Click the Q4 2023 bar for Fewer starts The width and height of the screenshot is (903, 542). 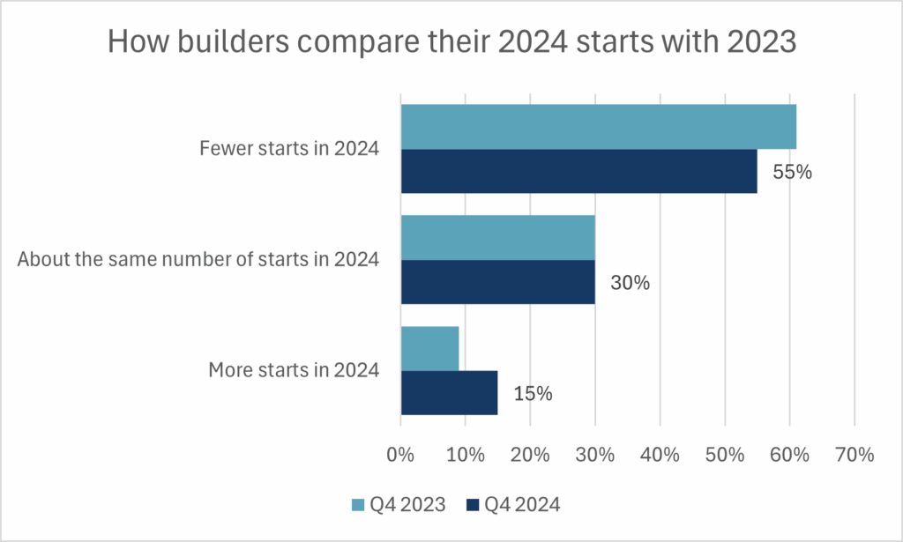[598, 127]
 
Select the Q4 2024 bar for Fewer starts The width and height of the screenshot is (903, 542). [578, 171]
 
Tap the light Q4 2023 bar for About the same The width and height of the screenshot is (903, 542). [497, 238]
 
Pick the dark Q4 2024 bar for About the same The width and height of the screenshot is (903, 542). [497, 282]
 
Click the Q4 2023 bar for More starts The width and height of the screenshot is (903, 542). [429, 348]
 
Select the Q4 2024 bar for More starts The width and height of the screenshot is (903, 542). [449, 392]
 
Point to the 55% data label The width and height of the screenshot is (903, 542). [792, 173]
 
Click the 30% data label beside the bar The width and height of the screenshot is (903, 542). [630, 284]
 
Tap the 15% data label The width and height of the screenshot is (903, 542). [533, 394]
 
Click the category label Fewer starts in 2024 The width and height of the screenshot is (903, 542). [289, 150]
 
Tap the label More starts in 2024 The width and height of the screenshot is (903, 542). [294, 370]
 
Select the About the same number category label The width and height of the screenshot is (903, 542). [198, 260]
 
